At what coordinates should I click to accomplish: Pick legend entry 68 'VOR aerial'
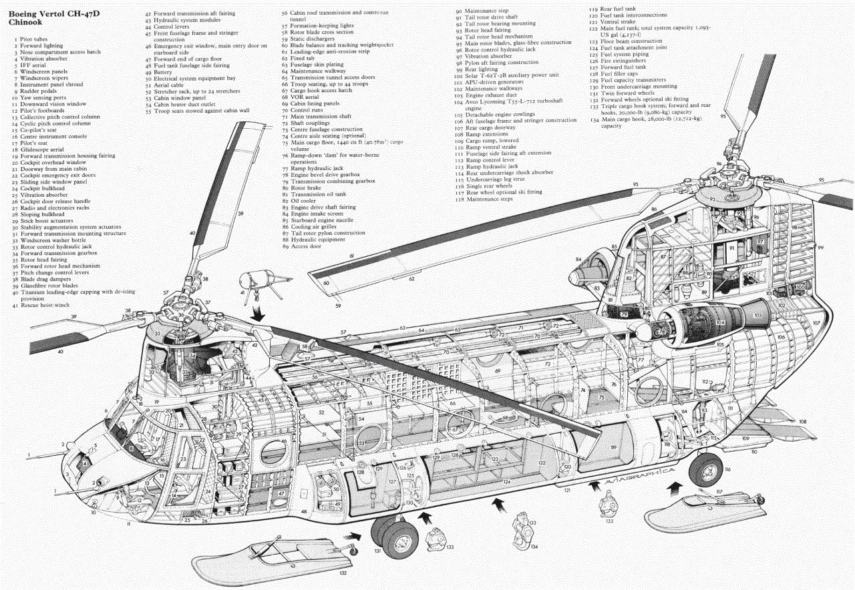307,97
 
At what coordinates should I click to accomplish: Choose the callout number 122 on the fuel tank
541,462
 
